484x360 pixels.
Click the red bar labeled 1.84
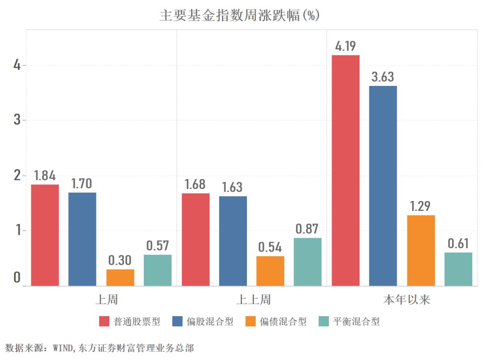click(45, 235)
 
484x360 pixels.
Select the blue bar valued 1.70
click(82, 239)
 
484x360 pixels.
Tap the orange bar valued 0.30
click(120, 278)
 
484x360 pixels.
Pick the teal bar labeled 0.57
click(158, 270)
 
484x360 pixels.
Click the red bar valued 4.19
click(346, 170)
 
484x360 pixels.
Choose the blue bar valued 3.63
click(383, 185)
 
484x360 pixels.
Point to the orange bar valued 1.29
click(421, 250)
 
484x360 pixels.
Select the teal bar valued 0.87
click(308, 261)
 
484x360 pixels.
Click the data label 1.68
click(195, 184)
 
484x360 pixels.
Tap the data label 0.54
click(270, 247)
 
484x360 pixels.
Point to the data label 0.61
click(458, 244)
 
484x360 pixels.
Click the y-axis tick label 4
click(17, 65)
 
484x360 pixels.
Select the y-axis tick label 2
click(17, 176)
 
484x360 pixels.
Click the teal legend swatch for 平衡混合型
click(324, 321)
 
